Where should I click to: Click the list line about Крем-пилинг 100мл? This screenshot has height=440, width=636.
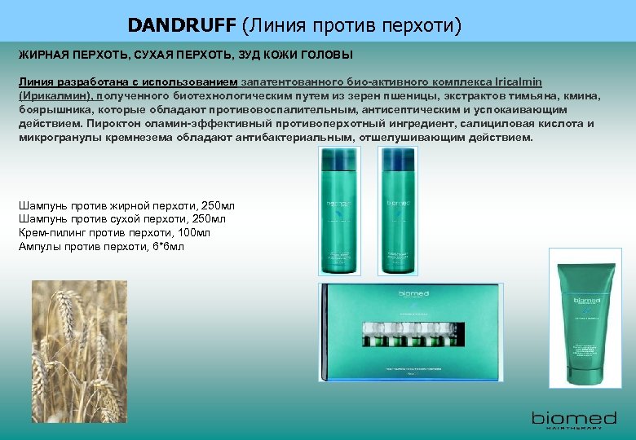click(x=114, y=233)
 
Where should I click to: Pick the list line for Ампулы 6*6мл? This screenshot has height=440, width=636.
click(x=101, y=246)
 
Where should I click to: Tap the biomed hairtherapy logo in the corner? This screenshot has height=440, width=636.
click(x=574, y=420)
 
